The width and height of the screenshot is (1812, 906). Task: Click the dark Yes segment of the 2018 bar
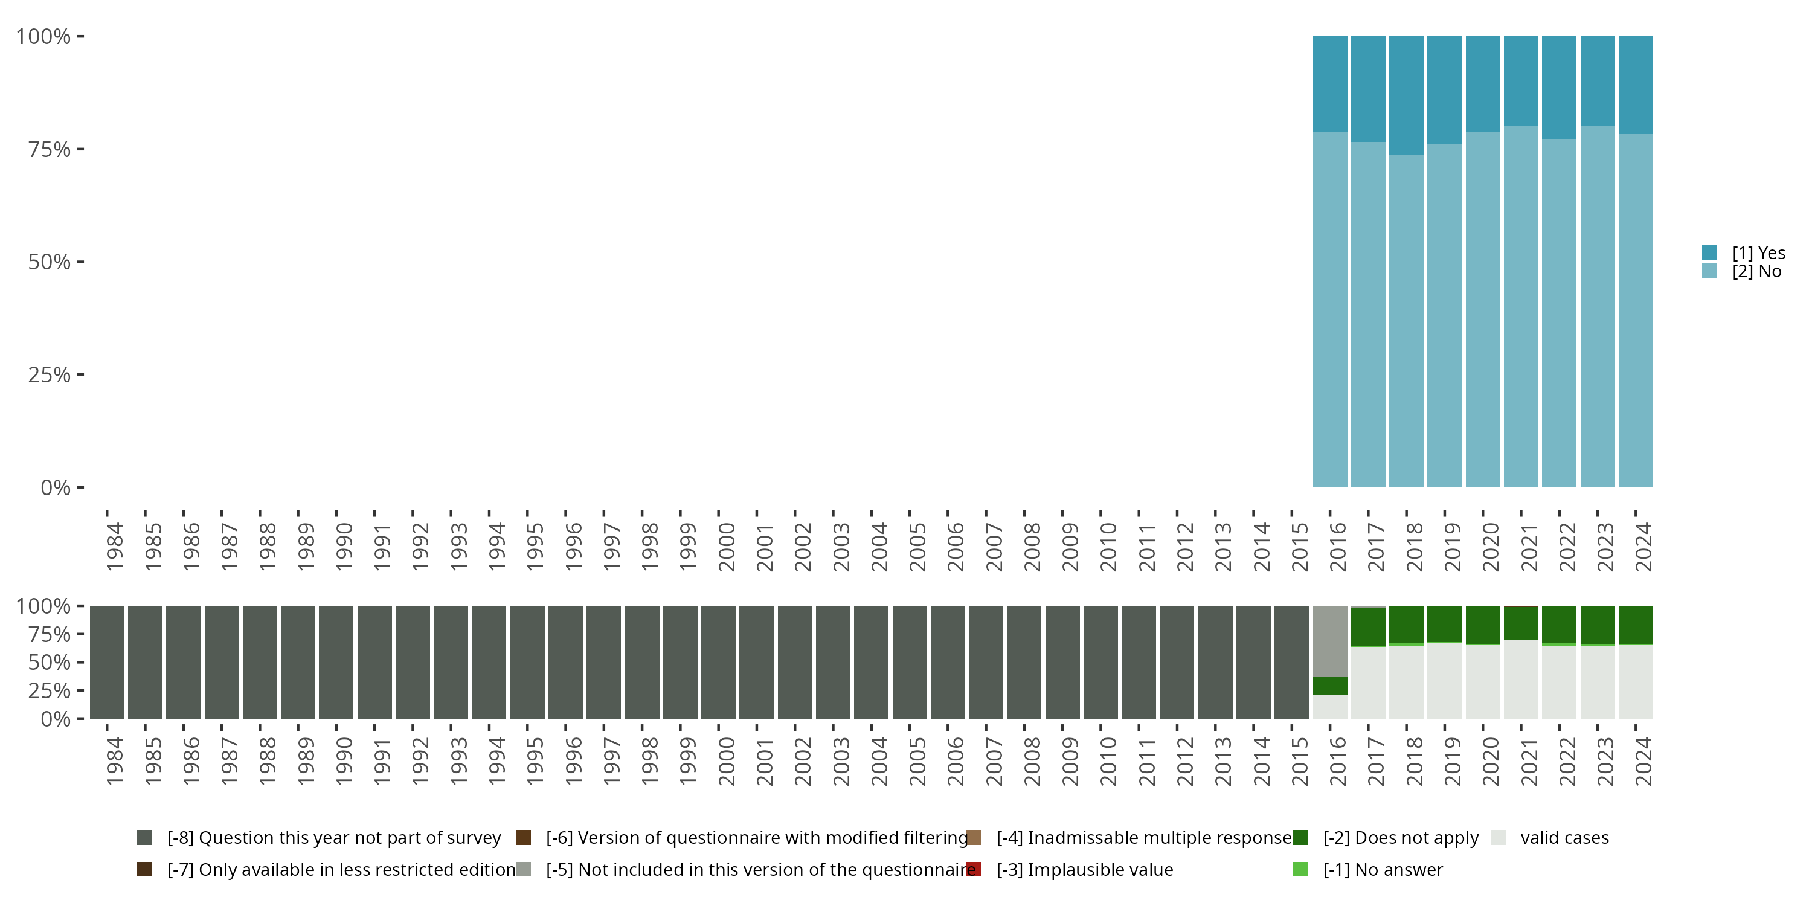pyautogui.click(x=1406, y=95)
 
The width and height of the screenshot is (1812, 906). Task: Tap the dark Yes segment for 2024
pyautogui.click(x=1636, y=85)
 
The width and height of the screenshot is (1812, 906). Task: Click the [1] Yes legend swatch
pyautogui.click(x=1709, y=252)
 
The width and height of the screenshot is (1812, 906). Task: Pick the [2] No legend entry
pyautogui.click(x=1756, y=272)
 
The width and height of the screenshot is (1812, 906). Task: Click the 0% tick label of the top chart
pyautogui.click(x=56, y=487)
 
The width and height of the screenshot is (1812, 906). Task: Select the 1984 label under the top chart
pyautogui.click(x=114, y=547)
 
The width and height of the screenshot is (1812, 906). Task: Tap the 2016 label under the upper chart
pyautogui.click(x=1337, y=547)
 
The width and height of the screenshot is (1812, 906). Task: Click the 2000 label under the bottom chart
pyautogui.click(x=726, y=761)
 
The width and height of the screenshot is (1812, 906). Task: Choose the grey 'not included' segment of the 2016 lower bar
pyautogui.click(x=1330, y=641)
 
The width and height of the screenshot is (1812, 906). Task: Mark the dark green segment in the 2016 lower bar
pyautogui.click(x=1330, y=686)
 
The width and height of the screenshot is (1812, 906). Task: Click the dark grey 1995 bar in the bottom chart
pyautogui.click(x=527, y=662)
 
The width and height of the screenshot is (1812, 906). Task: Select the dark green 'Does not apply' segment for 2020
pyautogui.click(x=1483, y=625)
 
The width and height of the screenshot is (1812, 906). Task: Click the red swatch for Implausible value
pyautogui.click(x=974, y=869)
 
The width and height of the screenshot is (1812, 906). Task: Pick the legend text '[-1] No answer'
pyautogui.click(x=1382, y=869)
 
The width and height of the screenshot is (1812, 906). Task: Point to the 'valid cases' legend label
pyautogui.click(x=1564, y=838)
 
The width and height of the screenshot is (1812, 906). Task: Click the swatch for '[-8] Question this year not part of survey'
pyautogui.click(x=144, y=838)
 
